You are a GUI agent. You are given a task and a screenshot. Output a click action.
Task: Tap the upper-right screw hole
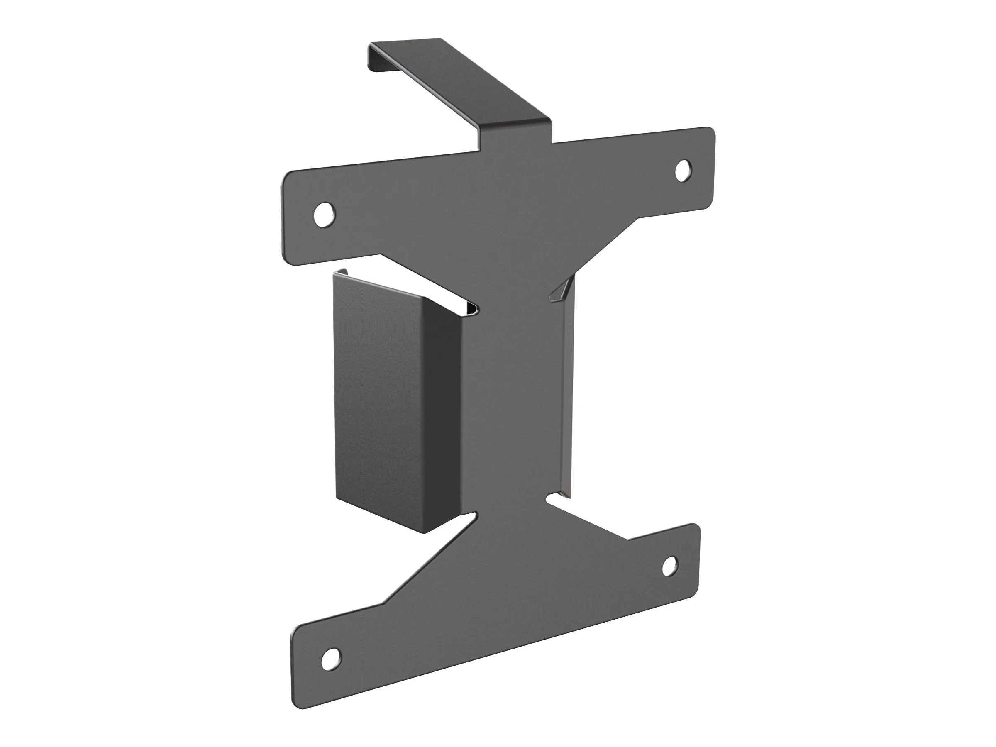[x=683, y=170]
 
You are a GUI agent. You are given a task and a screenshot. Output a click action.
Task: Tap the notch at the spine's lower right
[x=550, y=499]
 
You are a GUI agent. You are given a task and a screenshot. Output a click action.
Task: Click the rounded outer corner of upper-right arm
[x=711, y=132]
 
